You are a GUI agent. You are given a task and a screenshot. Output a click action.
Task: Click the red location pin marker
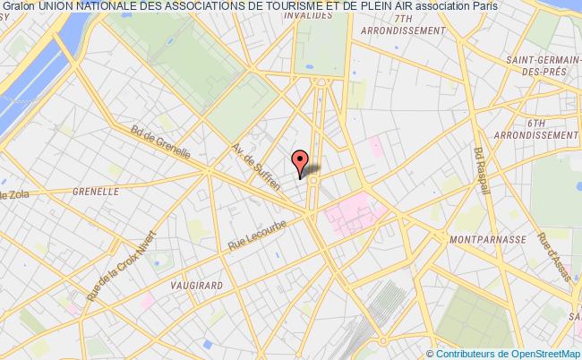point(301,160)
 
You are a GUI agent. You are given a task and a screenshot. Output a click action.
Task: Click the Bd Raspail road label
point(484,172)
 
